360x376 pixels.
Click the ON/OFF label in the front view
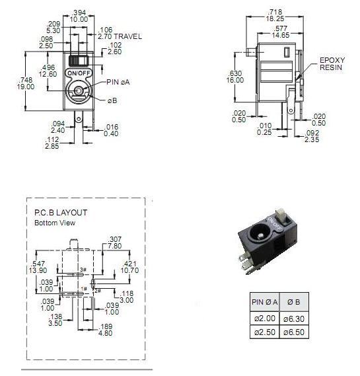click(79, 73)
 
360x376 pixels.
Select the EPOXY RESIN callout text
click(332, 64)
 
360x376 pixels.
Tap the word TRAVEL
click(127, 36)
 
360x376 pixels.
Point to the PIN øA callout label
click(118, 82)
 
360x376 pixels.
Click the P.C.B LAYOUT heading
click(61, 213)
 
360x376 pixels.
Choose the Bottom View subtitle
click(55, 223)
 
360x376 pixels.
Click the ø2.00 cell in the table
click(265, 319)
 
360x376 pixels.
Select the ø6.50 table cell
click(294, 332)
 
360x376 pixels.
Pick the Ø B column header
click(294, 302)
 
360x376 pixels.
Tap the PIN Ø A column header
click(265, 302)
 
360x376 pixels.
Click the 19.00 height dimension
click(26, 87)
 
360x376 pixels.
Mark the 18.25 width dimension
click(275, 19)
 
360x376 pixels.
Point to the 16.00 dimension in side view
click(235, 80)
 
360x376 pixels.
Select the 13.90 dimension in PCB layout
click(38, 270)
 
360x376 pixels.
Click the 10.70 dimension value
click(129, 270)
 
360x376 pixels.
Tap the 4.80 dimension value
click(105, 333)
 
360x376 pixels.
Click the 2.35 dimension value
click(312, 139)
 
